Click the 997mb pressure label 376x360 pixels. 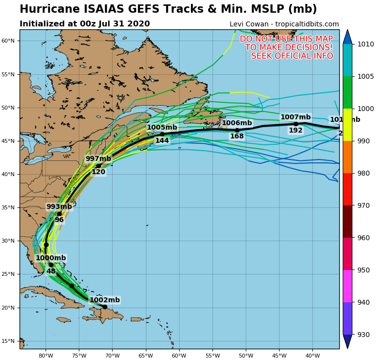tap(98, 158)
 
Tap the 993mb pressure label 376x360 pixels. tap(59, 206)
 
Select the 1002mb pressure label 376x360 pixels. tap(104, 300)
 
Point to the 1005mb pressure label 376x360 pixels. tap(162, 127)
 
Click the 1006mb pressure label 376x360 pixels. tap(237, 123)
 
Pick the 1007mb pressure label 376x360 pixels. tap(295, 117)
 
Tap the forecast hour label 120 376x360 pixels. tap(98, 172)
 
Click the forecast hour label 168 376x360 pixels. tap(237, 136)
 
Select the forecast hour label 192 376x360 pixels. tap(296, 130)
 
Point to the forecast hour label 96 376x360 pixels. tap(59, 220)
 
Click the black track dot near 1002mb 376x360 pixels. tap(105, 307)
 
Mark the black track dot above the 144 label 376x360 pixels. tap(162, 134)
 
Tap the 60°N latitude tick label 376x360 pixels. tap(9, 41)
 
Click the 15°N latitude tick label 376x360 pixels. tap(9, 341)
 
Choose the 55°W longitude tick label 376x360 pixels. tap(212, 356)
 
